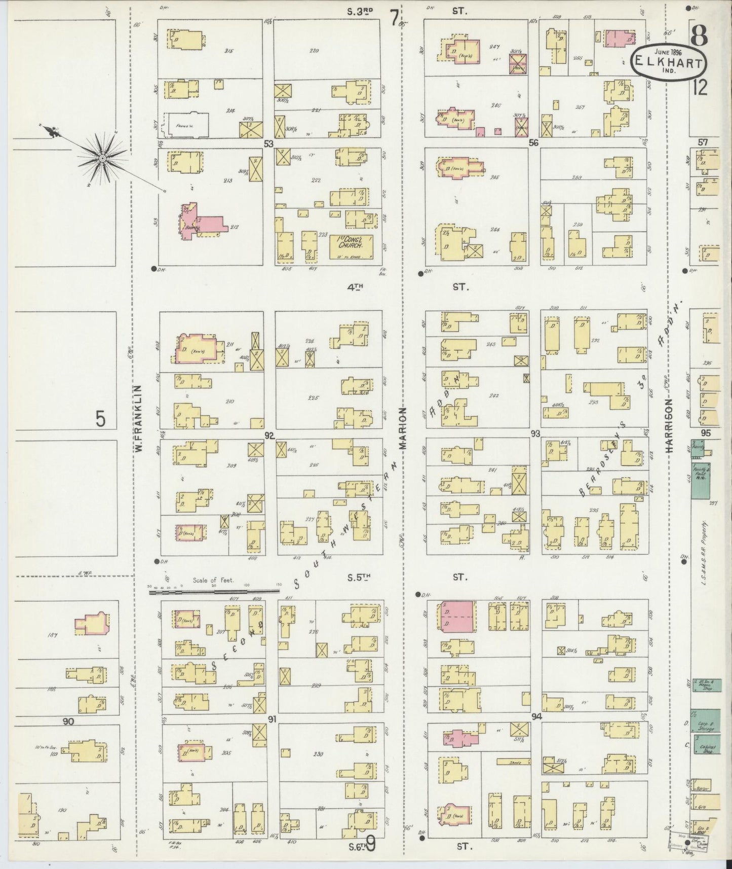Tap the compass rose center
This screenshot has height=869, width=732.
(x=102, y=159)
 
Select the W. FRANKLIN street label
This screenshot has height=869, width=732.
(x=137, y=418)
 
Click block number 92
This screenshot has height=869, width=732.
(x=269, y=435)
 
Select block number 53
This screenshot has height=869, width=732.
(x=268, y=144)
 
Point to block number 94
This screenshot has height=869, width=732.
(x=536, y=717)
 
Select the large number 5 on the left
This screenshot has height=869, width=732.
(x=101, y=420)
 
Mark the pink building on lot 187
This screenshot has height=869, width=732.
(x=91, y=624)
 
